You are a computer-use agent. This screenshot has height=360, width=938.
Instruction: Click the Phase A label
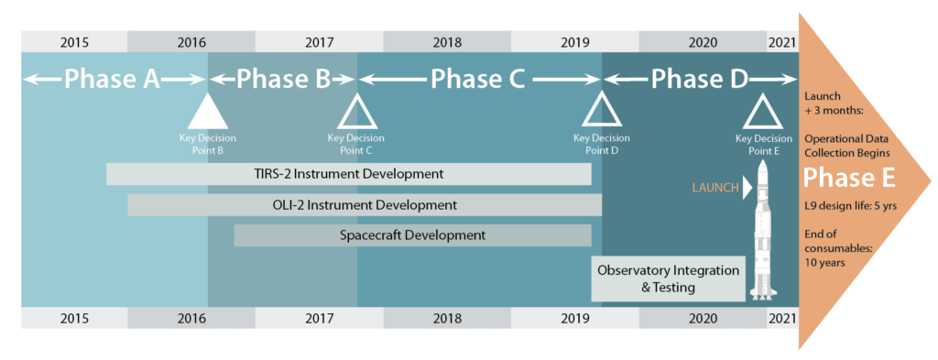click(112, 80)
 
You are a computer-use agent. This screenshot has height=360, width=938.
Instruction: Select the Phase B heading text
click(283, 80)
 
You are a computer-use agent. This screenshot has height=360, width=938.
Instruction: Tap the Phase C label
click(477, 80)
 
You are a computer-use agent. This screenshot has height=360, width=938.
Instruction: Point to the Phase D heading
click(699, 80)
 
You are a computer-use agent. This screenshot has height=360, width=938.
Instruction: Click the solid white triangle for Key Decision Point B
click(207, 114)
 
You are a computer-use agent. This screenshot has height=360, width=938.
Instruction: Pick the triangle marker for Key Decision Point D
click(601, 114)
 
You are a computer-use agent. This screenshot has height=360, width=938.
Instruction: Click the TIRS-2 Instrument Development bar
click(348, 174)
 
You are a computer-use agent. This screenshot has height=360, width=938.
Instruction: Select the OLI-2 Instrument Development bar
click(365, 205)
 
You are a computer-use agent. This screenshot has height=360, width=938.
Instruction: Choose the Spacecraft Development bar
click(412, 235)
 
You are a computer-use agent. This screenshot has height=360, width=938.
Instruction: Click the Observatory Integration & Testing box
click(668, 278)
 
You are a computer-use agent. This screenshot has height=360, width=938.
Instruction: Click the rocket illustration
click(762, 234)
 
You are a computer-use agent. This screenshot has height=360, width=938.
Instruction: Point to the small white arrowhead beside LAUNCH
click(747, 187)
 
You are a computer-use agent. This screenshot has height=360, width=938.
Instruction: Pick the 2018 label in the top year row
click(446, 42)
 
